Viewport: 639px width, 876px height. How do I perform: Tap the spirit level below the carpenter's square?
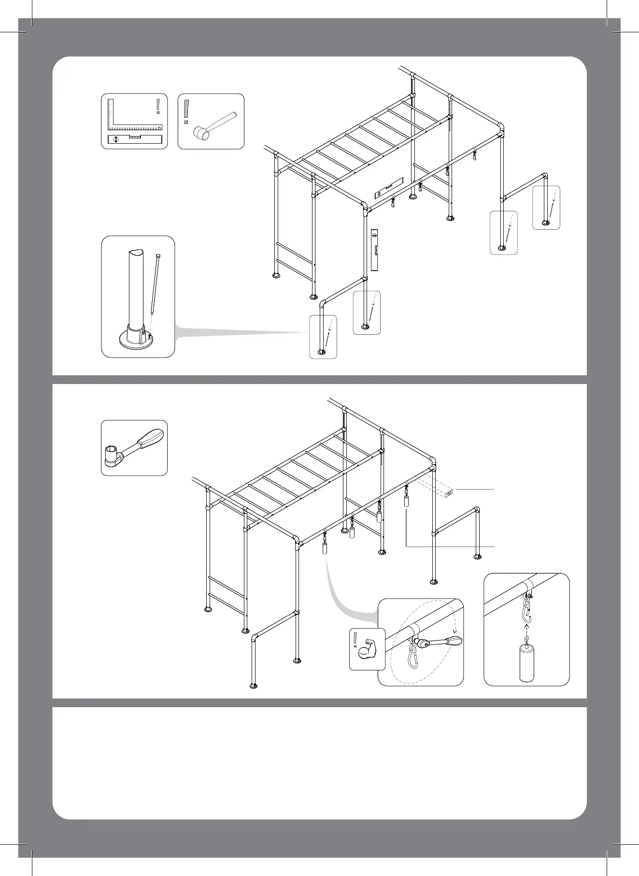(135, 140)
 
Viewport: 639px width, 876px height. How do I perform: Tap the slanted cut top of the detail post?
(136, 254)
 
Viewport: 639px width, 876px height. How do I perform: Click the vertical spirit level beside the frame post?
(374, 250)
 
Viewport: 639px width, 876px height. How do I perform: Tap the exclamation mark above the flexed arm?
(355, 639)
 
